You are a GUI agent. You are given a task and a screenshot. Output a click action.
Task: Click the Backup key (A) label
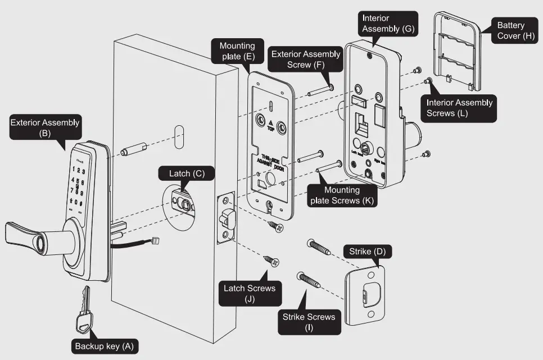(104, 346)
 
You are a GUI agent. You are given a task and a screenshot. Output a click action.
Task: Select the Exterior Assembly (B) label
(45, 128)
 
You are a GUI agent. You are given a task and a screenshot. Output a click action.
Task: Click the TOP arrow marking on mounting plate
(270, 123)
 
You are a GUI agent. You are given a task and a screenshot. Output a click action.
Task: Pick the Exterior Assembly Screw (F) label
(306, 60)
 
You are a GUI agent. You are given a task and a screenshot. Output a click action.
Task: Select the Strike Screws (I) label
(309, 322)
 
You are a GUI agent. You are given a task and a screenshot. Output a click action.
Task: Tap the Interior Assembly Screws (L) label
(459, 108)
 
